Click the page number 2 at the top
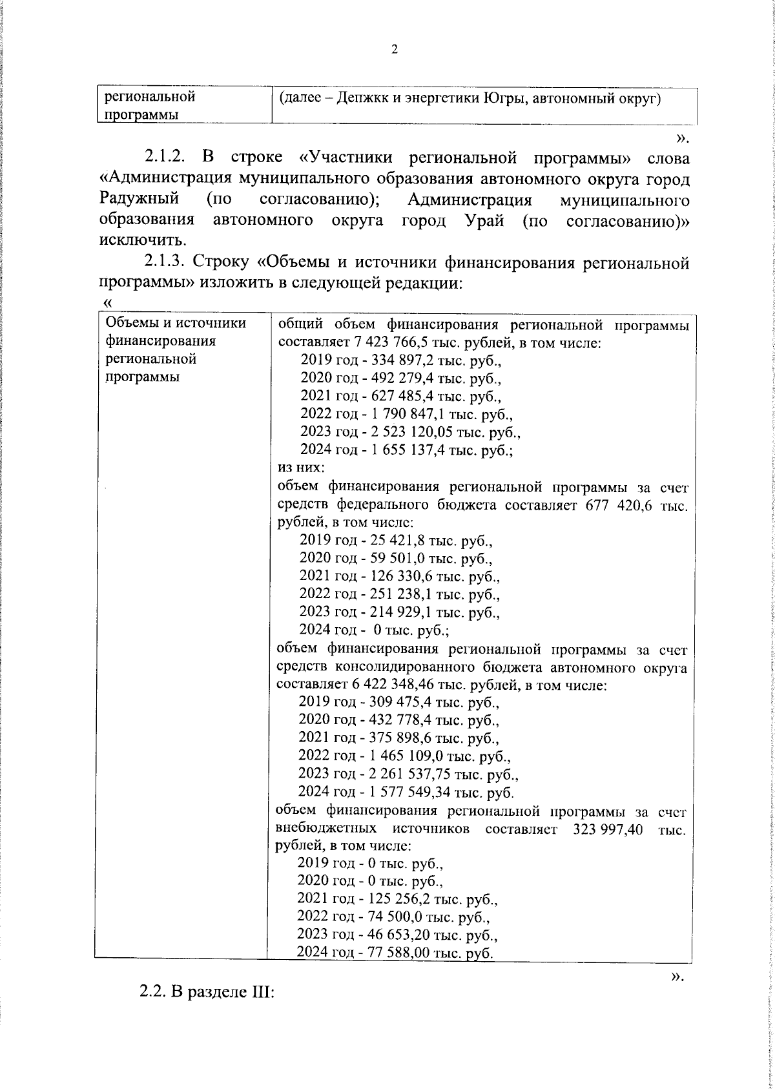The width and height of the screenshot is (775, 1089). point(394,50)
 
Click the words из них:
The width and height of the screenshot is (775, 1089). point(300,468)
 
